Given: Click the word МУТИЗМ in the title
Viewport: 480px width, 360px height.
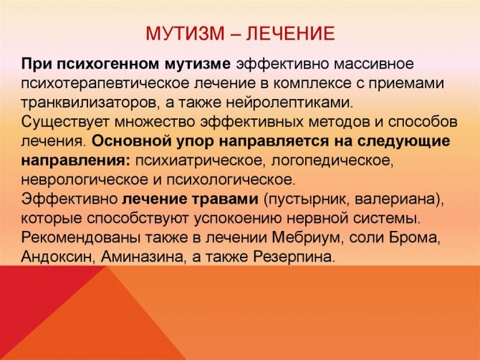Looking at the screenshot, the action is pos(185,33).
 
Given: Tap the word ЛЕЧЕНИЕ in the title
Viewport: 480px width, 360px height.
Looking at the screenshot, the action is pos(290,33).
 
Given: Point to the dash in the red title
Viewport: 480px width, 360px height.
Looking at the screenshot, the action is pos(235,34).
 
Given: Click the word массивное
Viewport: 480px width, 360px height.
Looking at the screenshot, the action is pos(373,65).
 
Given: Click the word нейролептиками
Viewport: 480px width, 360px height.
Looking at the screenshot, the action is pos(290,103).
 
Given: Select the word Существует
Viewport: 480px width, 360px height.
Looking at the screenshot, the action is pos(65,122).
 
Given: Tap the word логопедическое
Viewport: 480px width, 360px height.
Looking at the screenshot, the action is pos(332,161).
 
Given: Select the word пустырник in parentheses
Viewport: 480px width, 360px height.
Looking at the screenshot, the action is pos(307,199).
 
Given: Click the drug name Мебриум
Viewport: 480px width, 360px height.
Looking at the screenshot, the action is pos(307,238).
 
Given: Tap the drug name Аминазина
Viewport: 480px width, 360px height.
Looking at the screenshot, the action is pos(143,257).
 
